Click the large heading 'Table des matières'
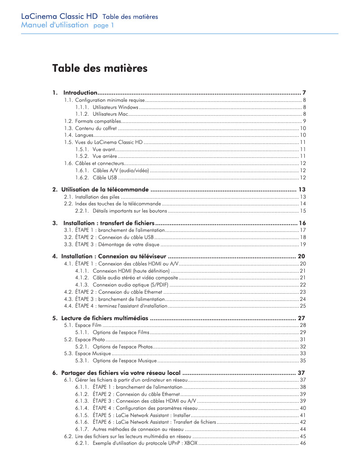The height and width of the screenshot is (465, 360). click(100, 69)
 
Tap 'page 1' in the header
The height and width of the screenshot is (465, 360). click(103, 26)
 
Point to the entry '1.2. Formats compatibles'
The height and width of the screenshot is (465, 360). click(92, 121)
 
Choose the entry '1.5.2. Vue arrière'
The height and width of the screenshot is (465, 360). click(96, 156)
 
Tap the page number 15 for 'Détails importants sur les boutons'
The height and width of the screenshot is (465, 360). click(303, 211)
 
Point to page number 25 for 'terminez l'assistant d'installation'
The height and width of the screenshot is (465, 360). click(303, 306)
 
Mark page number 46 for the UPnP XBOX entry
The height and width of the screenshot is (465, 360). click(303, 443)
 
